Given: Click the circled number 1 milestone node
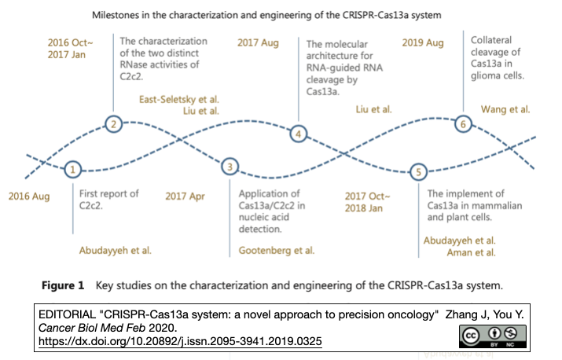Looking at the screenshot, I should pyautogui.click(x=73, y=169).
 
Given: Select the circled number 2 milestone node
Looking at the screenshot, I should pyautogui.click(x=115, y=123).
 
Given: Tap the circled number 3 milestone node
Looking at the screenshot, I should pyautogui.click(x=230, y=167).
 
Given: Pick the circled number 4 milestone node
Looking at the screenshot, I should pyautogui.click(x=299, y=134).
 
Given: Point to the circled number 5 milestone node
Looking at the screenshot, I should pyautogui.click(x=419, y=172).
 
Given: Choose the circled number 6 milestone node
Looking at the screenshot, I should pyautogui.click(x=464, y=123).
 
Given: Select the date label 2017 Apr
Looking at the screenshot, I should pyautogui.click(x=185, y=196).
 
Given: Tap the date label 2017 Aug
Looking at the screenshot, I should pyautogui.click(x=258, y=42).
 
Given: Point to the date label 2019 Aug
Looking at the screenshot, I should pyautogui.click(x=423, y=42).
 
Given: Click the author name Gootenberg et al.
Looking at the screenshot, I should pyautogui.click(x=276, y=251).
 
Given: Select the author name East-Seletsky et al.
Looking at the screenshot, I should pyautogui.click(x=179, y=99).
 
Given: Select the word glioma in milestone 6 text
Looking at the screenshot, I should pyautogui.click(x=487, y=76).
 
